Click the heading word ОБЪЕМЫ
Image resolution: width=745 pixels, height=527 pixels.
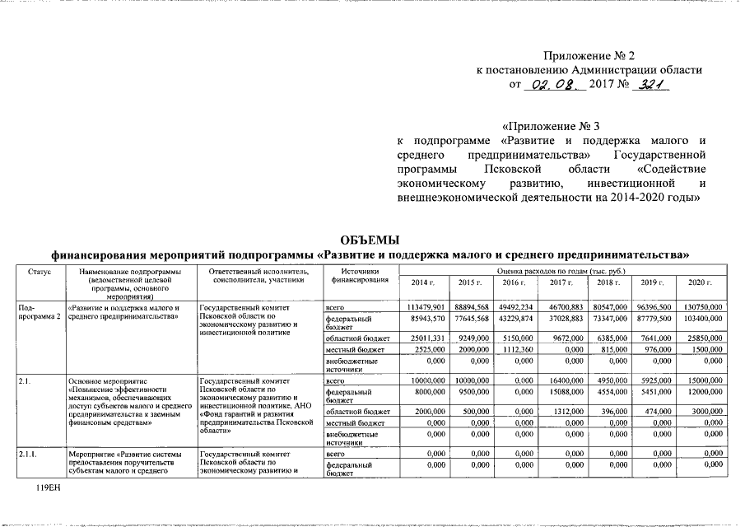point(370,240)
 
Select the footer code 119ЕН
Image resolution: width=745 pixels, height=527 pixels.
point(49,488)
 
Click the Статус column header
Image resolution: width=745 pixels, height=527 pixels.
point(39,271)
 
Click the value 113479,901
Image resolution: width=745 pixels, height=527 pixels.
point(426,306)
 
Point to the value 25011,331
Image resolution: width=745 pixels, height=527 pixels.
point(426,338)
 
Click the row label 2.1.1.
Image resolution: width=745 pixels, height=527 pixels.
point(30,454)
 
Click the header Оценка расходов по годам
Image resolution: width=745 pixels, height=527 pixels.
point(561,270)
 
